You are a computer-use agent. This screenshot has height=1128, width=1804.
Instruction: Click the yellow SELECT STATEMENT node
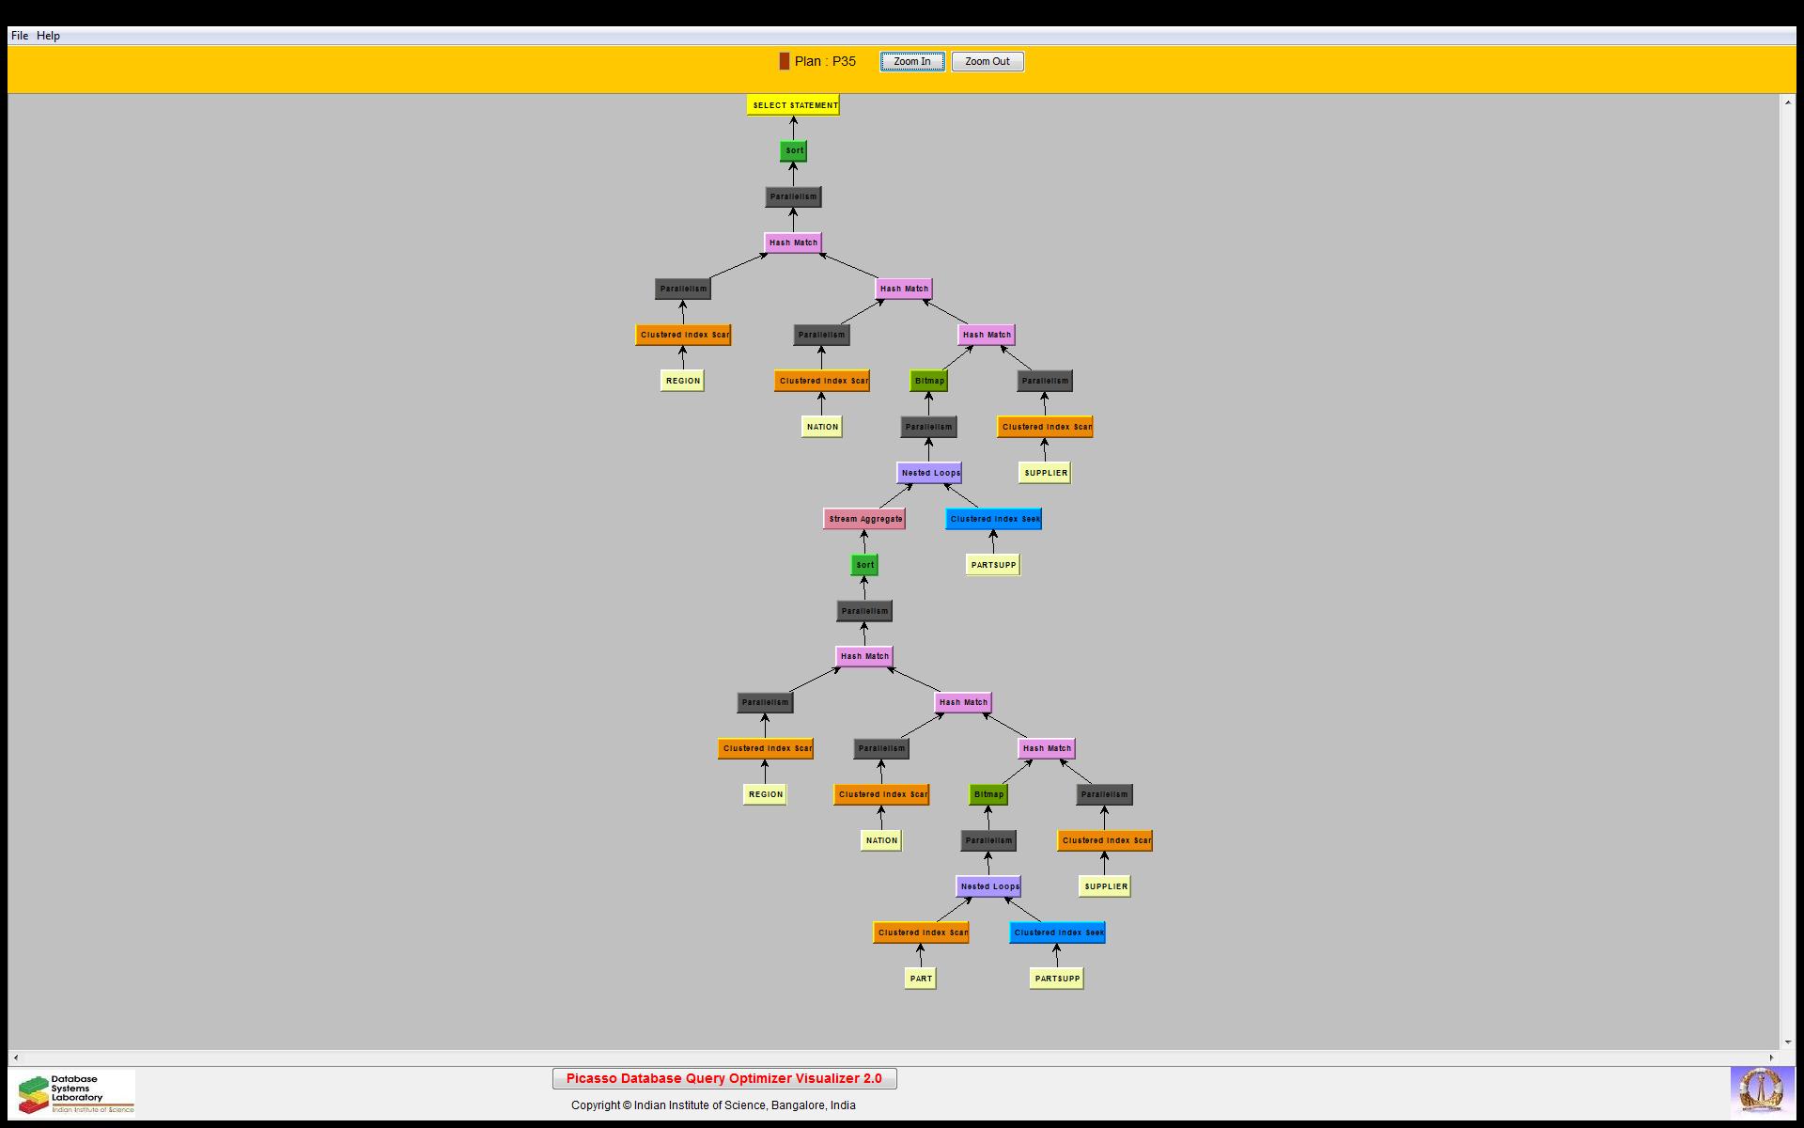point(793,105)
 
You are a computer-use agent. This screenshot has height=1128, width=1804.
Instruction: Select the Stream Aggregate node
point(864,519)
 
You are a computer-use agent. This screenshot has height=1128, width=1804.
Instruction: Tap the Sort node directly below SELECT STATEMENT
point(794,150)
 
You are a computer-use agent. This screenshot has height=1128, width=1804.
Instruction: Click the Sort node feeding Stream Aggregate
point(864,565)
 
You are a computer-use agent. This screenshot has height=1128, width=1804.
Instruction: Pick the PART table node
point(921,979)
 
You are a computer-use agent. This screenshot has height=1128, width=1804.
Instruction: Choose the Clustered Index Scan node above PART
point(921,932)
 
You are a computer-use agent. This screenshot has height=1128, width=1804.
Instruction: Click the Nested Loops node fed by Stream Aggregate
point(929,473)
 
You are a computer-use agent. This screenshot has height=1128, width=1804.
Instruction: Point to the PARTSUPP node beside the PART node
point(1057,979)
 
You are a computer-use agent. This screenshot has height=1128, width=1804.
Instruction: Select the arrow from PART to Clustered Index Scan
point(921,956)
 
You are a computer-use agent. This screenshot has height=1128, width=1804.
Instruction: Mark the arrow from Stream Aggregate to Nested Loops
point(895,496)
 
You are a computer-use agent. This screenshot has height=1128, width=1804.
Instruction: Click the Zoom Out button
point(988,62)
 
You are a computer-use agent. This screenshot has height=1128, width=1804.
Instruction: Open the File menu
point(20,36)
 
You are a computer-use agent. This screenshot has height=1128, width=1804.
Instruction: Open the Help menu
point(48,36)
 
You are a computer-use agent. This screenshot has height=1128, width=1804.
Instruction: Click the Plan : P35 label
point(825,61)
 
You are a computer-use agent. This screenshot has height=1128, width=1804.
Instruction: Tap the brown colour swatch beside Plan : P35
point(785,61)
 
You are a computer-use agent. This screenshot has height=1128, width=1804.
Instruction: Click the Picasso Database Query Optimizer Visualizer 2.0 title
point(724,1078)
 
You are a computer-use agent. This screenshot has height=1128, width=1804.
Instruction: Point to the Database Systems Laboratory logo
point(76,1093)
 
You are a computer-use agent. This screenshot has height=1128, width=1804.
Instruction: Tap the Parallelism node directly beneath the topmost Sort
point(794,196)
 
